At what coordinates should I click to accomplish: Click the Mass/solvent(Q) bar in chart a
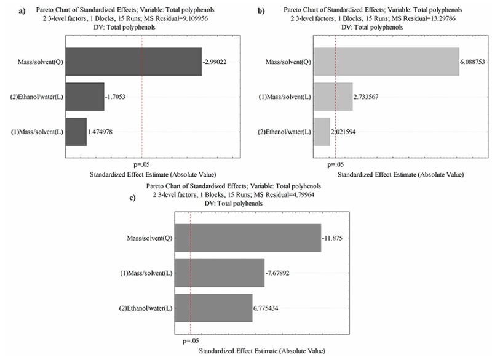133,62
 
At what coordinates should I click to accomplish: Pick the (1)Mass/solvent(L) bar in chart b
333,97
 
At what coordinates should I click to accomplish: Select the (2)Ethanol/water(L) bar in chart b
322,130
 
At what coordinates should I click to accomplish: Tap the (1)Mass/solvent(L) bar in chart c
220,273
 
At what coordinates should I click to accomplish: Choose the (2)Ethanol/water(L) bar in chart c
213,307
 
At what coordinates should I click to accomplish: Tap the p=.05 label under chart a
141,164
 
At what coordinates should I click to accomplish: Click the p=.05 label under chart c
192,340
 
